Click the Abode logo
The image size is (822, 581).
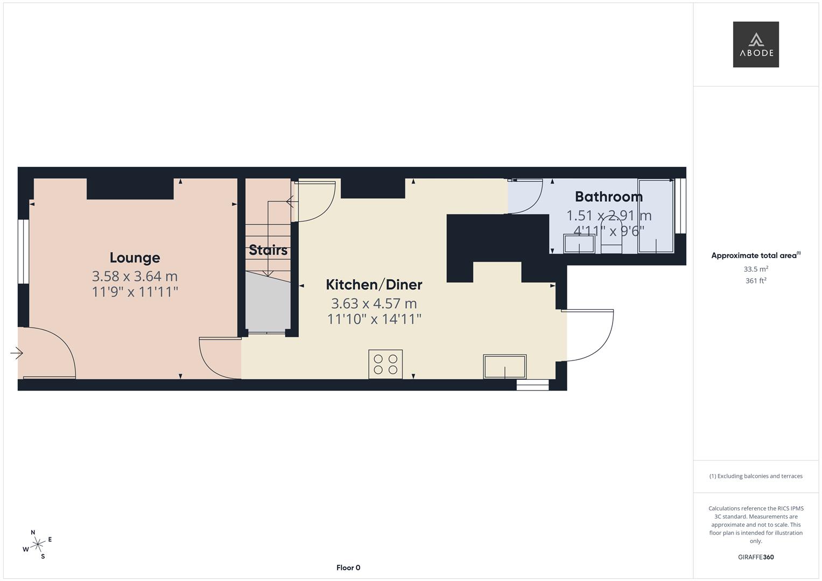[755, 44]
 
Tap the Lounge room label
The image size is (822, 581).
[135, 258]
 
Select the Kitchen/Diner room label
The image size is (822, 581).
[374, 285]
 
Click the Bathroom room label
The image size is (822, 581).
[608, 197]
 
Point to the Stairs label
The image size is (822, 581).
[268, 250]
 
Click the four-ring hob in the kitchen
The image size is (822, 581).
[385, 364]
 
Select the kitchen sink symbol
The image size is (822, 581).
[504, 367]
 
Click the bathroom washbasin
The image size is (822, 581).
[579, 244]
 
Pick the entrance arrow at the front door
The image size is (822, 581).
[17, 353]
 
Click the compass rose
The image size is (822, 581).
[37, 544]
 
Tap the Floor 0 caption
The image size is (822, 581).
[348, 568]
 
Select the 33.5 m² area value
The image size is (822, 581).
[755, 269]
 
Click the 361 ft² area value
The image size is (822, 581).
[755, 281]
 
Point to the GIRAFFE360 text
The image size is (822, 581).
[755, 557]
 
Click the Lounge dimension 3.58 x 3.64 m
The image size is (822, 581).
[135, 277]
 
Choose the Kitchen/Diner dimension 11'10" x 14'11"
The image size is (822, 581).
[374, 319]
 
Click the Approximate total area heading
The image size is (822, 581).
[755, 256]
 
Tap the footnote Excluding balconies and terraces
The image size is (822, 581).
[755, 476]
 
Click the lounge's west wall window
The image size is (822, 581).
[23, 251]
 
